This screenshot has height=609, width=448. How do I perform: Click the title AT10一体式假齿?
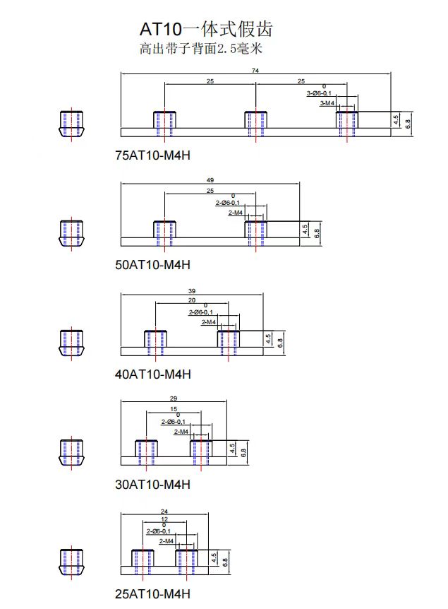pos(206,30)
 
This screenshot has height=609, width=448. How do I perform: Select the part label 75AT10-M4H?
pos(152,155)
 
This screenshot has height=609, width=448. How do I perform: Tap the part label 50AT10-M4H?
pos(152,265)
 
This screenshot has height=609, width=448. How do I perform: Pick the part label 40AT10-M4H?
pos(152,374)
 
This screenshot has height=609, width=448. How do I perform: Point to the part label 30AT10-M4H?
pos(152,485)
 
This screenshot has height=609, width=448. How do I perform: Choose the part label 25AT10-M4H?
pos(152,594)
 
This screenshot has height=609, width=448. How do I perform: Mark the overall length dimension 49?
pos(210,180)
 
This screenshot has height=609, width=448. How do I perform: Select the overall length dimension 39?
pos(192,290)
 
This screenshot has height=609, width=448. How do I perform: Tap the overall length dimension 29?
pos(174,400)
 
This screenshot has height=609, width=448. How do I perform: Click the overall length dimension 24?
pos(164,511)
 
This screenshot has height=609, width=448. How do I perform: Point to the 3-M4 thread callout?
pos(327,103)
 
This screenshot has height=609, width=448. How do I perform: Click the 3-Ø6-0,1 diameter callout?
pos(319,93)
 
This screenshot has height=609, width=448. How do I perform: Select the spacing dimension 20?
pos(191,300)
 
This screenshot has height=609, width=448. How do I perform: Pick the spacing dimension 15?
pos(174,410)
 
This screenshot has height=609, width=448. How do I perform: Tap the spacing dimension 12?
pos(164,519)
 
